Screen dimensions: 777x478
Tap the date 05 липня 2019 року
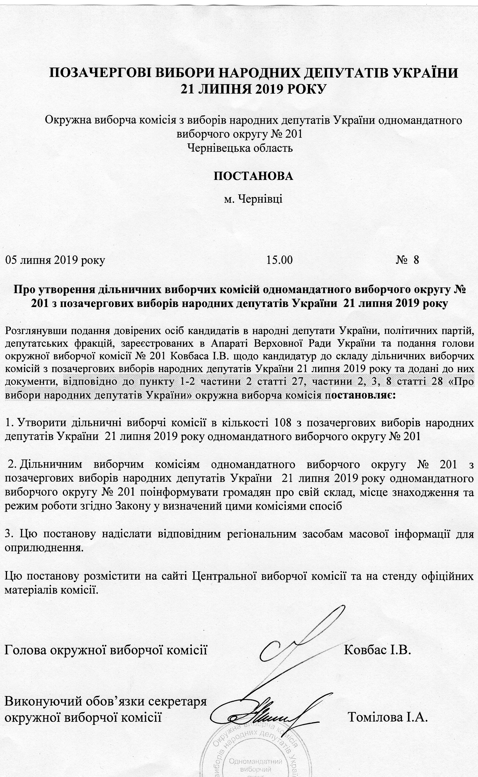55,260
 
